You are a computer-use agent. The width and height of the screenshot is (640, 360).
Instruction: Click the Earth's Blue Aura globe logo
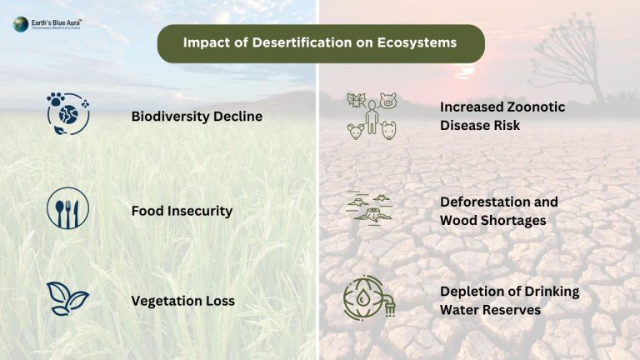pyautogui.click(x=20, y=24)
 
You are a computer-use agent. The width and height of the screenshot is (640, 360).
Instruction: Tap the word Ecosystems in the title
pyautogui.click(x=418, y=42)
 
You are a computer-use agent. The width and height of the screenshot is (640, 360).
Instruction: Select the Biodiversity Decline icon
pyautogui.click(x=67, y=113)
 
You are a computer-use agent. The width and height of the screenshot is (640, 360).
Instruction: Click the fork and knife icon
pyautogui.click(x=67, y=208)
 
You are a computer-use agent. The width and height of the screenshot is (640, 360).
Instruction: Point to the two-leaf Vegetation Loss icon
pyautogui.click(x=67, y=299)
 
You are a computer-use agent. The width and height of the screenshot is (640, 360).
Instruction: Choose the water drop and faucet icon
pyautogui.click(x=369, y=299)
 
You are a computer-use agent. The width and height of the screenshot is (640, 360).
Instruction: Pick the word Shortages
pyautogui.click(x=516, y=220)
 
